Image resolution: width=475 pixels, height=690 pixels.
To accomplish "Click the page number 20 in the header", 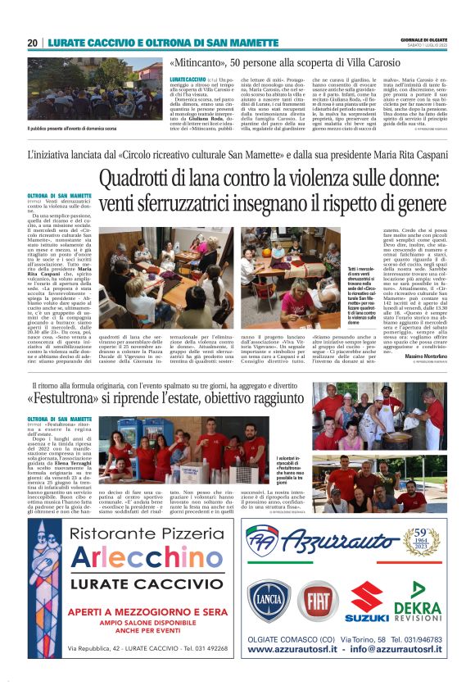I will [x=33, y=43].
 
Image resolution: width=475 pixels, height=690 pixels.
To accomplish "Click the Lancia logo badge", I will [x=269, y=600].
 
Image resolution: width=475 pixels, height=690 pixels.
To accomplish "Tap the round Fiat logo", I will [x=317, y=601].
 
